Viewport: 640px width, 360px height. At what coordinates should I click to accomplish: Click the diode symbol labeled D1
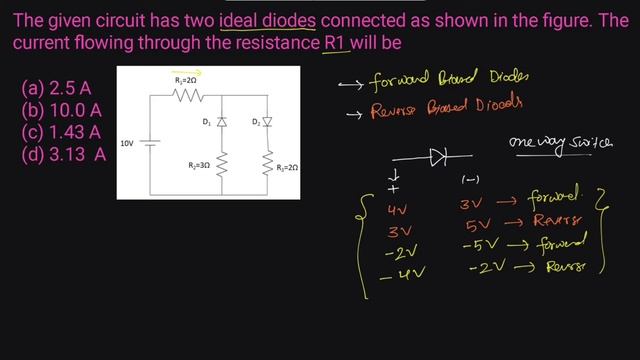pyautogui.click(x=221, y=122)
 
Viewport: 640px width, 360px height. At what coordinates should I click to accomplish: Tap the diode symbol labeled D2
pyautogui.click(x=268, y=122)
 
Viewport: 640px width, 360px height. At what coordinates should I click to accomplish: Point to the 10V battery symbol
pyautogui.click(x=150, y=142)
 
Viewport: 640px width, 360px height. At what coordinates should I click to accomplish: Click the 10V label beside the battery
pyautogui.click(x=127, y=143)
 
